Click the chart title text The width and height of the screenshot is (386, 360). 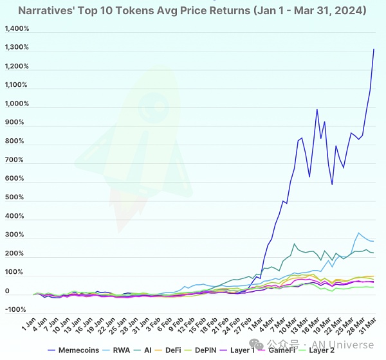[192, 11]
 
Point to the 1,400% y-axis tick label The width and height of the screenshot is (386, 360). [17, 29]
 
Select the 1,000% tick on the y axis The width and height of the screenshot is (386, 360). [17, 104]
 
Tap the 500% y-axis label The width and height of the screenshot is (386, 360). [19, 198]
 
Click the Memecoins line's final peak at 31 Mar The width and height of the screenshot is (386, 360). [374, 49]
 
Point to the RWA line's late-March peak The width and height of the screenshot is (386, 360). [358, 233]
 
